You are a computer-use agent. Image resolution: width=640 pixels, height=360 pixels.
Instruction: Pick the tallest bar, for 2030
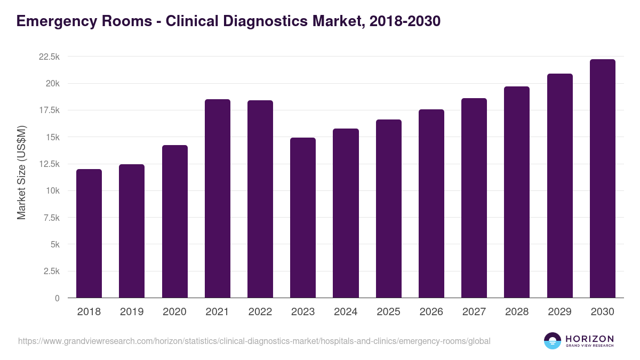click(602, 178)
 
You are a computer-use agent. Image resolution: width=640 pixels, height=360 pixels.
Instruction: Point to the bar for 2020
click(175, 221)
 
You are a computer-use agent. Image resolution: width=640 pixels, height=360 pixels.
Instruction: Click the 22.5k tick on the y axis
click(49, 57)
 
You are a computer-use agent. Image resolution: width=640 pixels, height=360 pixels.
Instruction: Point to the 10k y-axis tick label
click(52, 191)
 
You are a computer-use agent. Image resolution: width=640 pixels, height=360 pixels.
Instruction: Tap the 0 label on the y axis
click(57, 298)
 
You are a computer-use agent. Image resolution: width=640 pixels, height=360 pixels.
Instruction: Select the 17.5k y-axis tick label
click(49, 110)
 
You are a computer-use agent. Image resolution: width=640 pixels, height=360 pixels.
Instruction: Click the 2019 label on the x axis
click(132, 312)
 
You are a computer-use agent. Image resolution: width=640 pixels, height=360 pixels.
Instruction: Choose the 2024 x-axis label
click(346, 312)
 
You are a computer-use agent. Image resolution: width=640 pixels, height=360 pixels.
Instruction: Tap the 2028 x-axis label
click(517, 312)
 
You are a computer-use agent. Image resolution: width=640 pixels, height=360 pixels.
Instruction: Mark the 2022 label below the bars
click(260, 312)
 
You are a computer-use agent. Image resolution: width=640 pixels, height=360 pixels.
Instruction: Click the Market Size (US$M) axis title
click(22, 172)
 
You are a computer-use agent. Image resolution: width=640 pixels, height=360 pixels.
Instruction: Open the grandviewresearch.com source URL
click(254, 341)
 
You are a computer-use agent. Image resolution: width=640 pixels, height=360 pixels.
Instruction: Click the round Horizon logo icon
click(552, 341)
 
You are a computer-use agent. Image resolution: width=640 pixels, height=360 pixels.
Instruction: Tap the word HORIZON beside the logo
click(589, 338)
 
